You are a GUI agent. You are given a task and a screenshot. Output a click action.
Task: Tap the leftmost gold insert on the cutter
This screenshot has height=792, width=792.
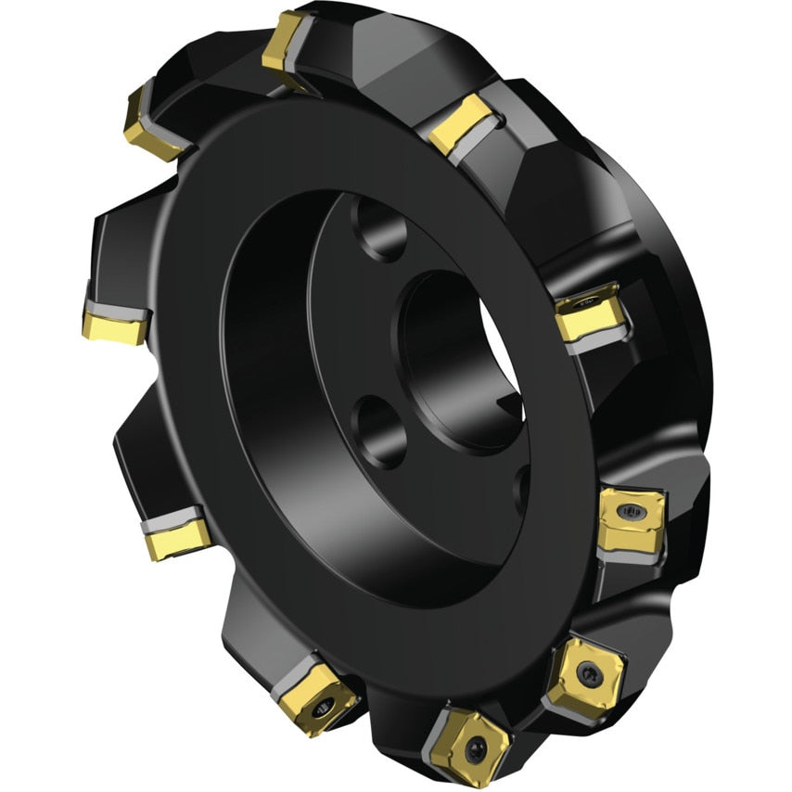(113, 324)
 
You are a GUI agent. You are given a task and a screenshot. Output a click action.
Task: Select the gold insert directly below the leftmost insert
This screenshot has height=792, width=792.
(176, 535)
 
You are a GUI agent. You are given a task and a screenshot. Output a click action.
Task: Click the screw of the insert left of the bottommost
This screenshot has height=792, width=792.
(321, 709)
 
